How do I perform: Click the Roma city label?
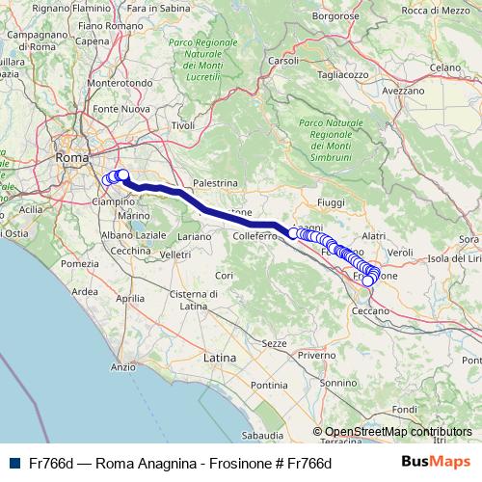pyautogui.click(x=71, y=156)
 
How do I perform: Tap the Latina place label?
pyautogui.click(x=221, y=357)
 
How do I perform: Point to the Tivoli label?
pyautogui.click(x=183, y=125)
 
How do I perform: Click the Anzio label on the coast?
pyautogui.click(x=123, y=367)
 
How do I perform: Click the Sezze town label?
pyautogui.click(x=275, y=342)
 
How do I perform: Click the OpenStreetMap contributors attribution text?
pyautogui.click(x=397, y=432)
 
